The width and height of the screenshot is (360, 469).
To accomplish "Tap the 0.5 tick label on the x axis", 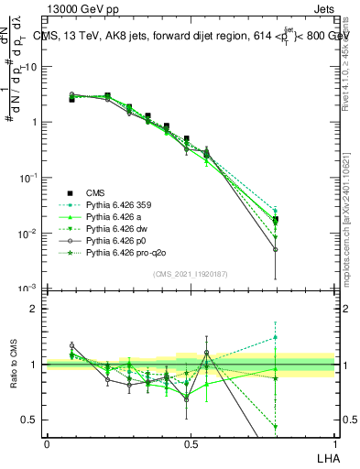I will click(190, 442).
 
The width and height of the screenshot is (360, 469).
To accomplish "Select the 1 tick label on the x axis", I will click(333, 442).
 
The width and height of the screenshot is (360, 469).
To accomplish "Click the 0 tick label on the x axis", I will click(47, 442).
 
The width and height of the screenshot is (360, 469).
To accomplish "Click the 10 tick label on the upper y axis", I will click(30, 68).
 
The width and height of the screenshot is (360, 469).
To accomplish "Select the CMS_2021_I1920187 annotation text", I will click(189, 273).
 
